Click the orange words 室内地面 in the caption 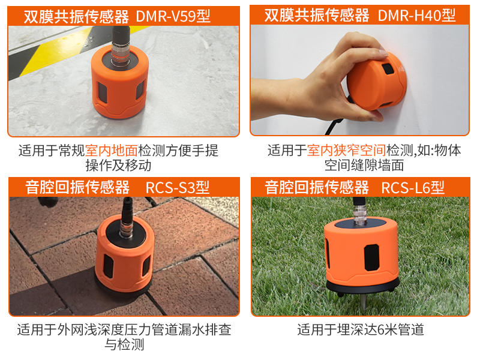click(112, 151)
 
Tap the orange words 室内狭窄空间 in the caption click(347, 151)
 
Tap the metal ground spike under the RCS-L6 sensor click(362, 301)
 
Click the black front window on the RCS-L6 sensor click(371, 257)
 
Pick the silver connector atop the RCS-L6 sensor click(360, 215)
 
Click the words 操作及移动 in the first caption click(118, 166)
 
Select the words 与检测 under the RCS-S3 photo click(124, 344)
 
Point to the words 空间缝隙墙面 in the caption click(364, 166)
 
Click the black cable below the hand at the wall click(333, 126)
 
